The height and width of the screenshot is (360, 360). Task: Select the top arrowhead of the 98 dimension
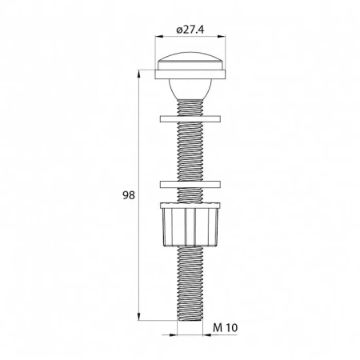pos(140,74)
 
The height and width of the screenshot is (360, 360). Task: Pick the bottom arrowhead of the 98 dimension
pos(140,315)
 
